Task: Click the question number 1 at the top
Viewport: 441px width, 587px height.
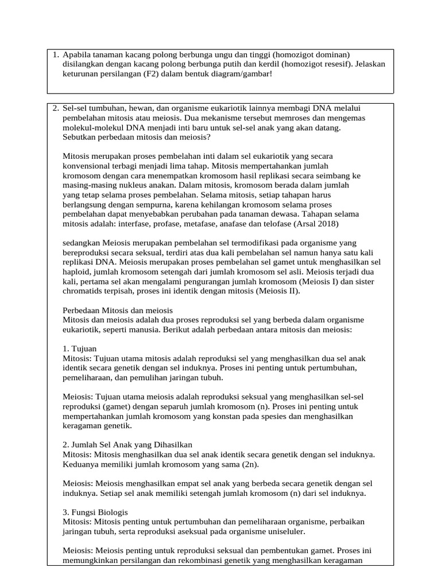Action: coord(55,55)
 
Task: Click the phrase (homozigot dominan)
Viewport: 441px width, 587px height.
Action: coord(312,55)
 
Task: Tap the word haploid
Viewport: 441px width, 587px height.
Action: coord(77,271)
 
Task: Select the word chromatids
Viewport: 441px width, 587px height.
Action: coord(84,291)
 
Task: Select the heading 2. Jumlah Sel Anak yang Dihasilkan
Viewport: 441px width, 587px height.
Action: coord(127,445)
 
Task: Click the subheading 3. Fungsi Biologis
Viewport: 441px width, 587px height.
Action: coord(95,512)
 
